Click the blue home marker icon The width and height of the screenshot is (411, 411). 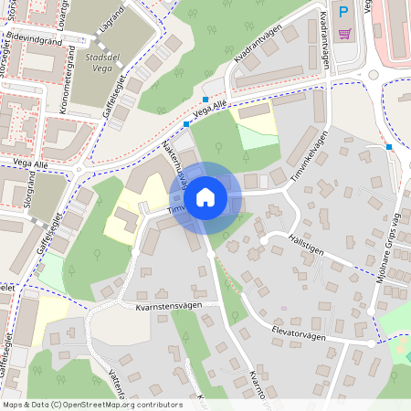(205, 197)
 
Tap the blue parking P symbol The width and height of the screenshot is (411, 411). (343, 12)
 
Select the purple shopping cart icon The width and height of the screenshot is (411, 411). (344, 34)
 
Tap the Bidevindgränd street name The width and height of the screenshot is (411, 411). (33, 42)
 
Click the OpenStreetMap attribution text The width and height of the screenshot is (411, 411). (92, 405)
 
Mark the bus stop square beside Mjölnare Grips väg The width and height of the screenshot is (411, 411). (389, 146)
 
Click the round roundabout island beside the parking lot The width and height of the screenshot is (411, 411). (374, 88)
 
